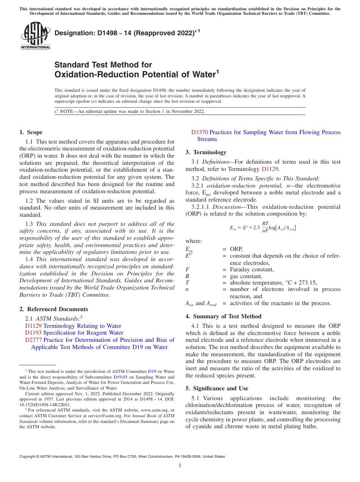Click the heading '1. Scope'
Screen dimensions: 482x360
point(31,132)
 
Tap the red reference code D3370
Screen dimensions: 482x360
point(199,132)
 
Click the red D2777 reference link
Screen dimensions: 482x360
point(33,340)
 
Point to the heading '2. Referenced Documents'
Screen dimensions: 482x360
point(53,309)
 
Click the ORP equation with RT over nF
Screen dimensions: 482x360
point(263,227)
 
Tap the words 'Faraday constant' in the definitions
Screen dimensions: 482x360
point(252,269)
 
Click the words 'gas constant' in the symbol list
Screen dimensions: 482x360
point(246,276)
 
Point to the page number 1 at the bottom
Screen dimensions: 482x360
point(180,465)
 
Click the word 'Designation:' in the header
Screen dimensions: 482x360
point(70,33)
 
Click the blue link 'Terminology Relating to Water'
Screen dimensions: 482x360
point(82,326)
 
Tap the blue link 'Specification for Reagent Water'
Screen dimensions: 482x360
point(83,333)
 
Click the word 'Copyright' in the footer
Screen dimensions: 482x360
point(28,457)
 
